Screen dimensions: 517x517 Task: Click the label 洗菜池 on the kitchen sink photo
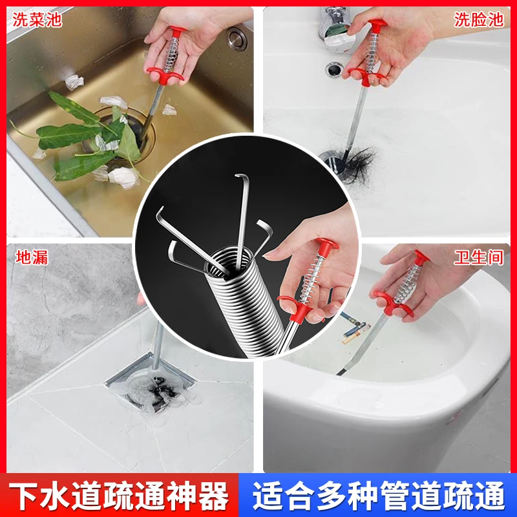click(x=37, y=20)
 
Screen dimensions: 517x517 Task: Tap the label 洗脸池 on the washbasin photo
click(x=479, y=20)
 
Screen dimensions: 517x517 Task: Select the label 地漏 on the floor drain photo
click(x=32, y=257)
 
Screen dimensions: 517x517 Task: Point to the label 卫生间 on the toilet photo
click(x=478, y=257)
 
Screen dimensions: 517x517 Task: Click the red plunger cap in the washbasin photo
click(x=378, y=25)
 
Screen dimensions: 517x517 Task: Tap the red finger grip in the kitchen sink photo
click(x=165, y=75)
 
